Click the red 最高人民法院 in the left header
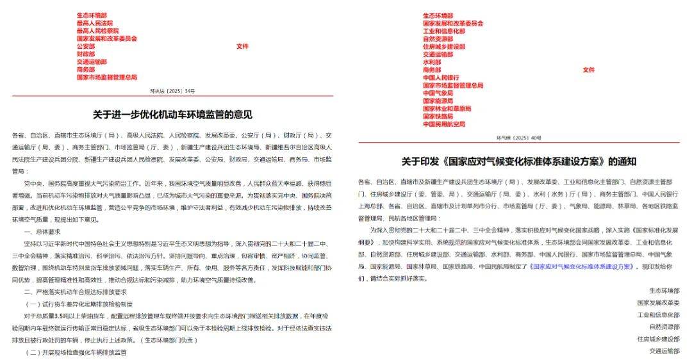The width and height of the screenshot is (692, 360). point(94,23)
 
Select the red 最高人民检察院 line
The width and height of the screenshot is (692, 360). point(97,31)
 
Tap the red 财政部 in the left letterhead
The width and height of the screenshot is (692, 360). point(85,54)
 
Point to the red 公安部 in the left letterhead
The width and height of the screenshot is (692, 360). point(85,47)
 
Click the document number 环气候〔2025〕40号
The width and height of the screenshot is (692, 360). point(519,138)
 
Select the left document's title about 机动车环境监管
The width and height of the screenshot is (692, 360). point(172,115)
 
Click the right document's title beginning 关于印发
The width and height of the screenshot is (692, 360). point(519,161)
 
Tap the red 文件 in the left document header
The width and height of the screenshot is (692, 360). point(242,47)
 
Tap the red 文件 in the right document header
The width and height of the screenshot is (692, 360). point(588,70)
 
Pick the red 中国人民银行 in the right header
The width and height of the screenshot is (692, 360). point(441,78)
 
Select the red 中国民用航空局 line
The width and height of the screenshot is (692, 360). point(444,124)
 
